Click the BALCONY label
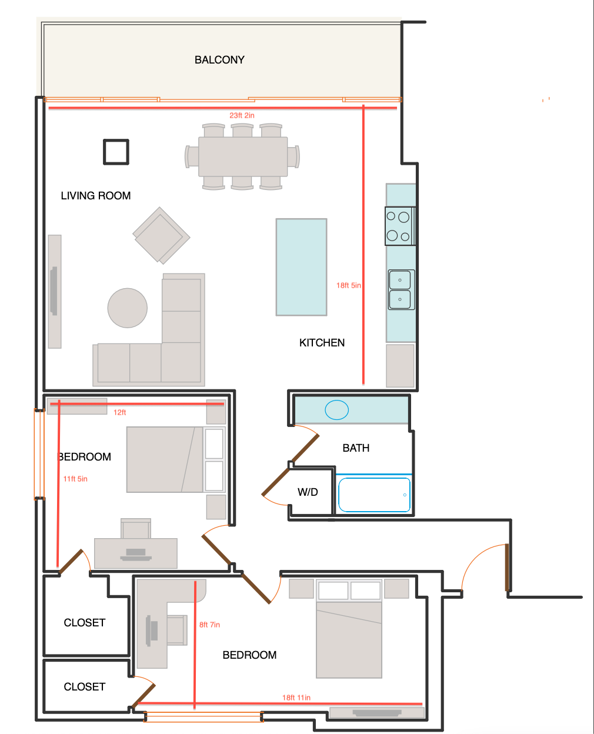219,60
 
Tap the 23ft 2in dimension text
242,115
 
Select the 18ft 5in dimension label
349,285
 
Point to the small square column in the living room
116,152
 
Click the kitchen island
302,267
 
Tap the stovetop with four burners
400,226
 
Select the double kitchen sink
402,290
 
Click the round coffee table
128,308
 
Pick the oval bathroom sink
336,410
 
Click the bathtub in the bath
374,495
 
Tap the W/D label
308,492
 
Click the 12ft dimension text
120,412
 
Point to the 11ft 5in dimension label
75,479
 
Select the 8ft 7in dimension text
209,625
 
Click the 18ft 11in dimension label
296,698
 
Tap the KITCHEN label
322,343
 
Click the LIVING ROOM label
96,196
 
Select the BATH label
356,448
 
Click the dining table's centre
243,157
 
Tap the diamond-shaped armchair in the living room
161,236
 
